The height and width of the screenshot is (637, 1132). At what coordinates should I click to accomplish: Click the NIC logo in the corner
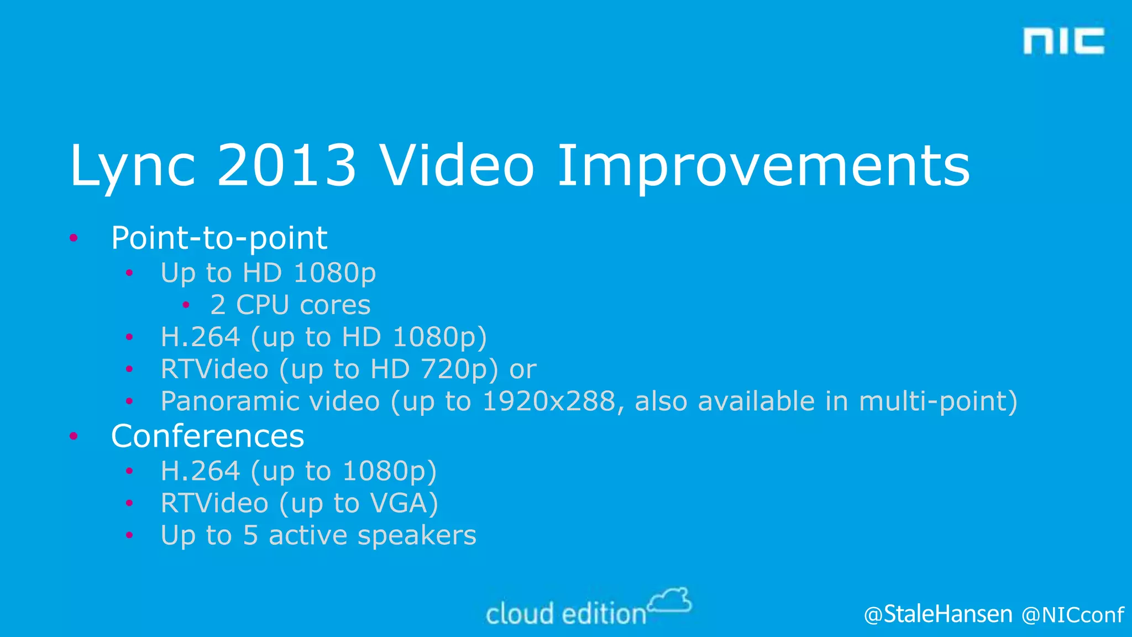pos(1063,41)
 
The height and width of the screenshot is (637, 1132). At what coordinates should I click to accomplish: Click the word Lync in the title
pos(133,166)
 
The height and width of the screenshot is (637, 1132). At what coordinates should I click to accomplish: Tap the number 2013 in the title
pos(286,166)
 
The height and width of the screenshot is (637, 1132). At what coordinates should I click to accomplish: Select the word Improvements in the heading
pos(763,166)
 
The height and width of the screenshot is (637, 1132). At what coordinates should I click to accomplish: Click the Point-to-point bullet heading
pos(219,238)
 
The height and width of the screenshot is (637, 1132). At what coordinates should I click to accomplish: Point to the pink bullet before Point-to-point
pos(74,238)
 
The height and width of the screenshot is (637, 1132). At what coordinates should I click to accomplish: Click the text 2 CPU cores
pos(290,305)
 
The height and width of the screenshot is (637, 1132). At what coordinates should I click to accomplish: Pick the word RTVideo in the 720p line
pos(214,369)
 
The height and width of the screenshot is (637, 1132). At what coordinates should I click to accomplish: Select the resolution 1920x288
pos(549,401)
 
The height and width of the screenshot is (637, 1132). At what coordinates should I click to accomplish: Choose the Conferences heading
pos(207,436)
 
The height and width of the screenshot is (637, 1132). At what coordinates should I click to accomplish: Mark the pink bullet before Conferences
pos(74,436)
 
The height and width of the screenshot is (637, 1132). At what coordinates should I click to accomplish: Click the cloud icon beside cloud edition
pos(670,601)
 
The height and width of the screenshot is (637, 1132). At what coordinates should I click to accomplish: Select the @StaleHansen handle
pos(938,614)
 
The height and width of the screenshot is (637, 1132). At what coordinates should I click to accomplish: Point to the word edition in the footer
pos(604,614)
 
